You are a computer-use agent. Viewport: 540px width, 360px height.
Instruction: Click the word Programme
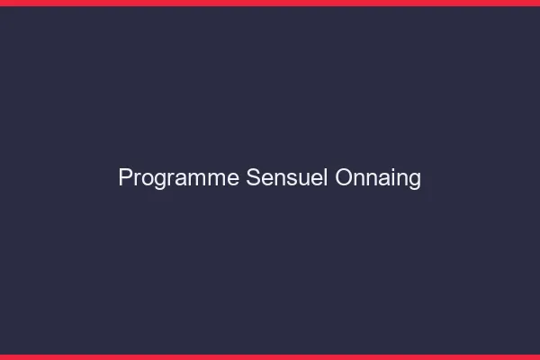click(179, 178)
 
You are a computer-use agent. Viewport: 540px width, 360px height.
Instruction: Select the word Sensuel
click(288, 178)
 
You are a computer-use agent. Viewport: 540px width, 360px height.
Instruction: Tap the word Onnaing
click(378, 178)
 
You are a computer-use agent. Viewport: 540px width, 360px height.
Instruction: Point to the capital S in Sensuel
click(254, 178)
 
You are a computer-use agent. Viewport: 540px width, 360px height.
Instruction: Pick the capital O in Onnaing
click(344, 178)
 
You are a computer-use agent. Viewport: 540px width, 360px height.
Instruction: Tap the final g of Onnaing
click(415, 180)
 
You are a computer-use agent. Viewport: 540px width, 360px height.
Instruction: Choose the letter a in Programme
click(179, 179)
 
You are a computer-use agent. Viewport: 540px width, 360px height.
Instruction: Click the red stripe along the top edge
click(270, 3)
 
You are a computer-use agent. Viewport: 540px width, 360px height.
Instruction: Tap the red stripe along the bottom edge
click(270, 356)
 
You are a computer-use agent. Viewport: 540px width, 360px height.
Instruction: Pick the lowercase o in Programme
click(147, 179)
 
